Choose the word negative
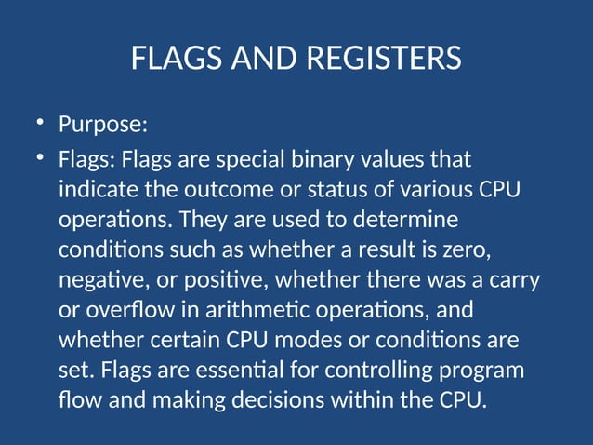(x=96, y=282)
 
